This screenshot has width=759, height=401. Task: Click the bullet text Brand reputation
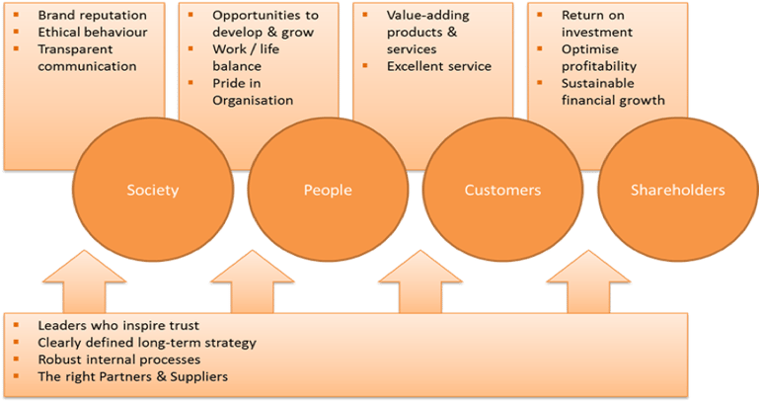(x=92, y=16)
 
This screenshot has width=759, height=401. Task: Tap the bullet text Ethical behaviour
(x=92, y=33)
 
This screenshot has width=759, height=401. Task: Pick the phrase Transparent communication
(x=87, y=57)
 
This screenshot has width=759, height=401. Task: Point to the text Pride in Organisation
(x=253, y=91)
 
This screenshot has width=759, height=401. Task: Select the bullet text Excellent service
(x=439, y=66)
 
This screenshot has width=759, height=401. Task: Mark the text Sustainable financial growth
(x=613, y=91)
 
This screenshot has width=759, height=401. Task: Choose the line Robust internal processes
(x=118, y=360)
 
